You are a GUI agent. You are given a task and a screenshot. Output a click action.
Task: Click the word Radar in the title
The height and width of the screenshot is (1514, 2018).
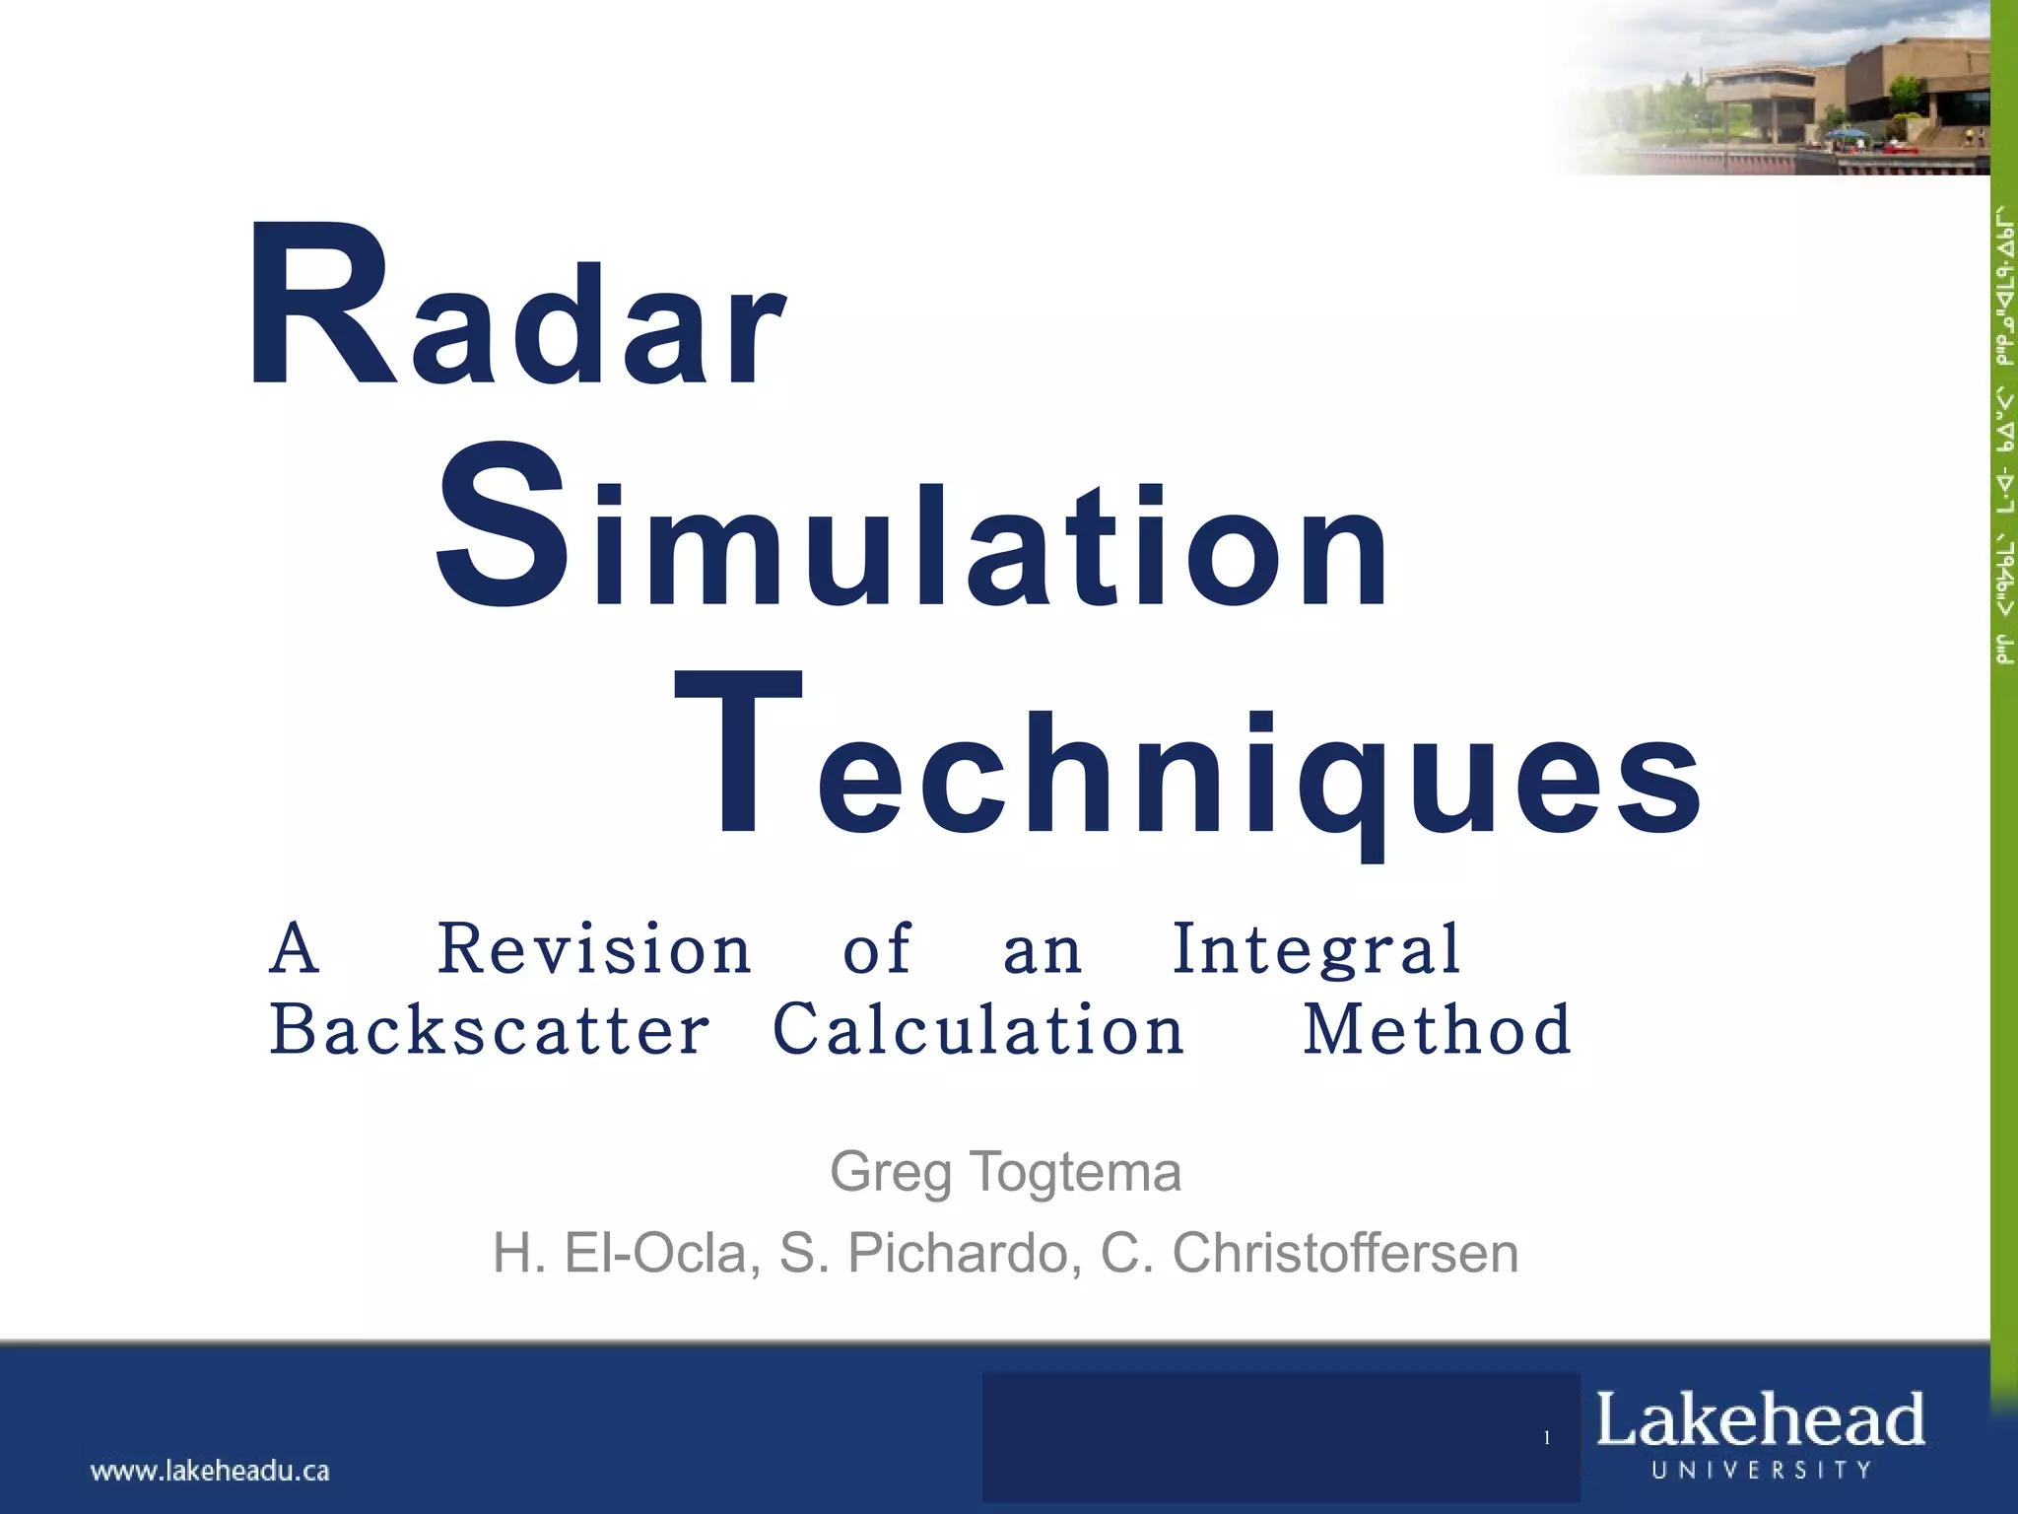pyautogui.click(x=517, y=308)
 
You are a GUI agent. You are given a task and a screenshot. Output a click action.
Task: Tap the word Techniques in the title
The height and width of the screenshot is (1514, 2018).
pyautogui.click(x=1187, y=759)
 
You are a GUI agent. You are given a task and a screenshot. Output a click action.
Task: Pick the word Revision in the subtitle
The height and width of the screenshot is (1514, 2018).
pyautogui.click(x=594, y=949)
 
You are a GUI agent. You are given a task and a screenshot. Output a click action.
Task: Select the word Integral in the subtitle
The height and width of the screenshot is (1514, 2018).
pyautogui.click(x=1315, y=949)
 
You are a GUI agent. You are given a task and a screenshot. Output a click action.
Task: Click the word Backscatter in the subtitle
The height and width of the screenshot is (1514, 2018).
pyautogui.click(x=489, y=1030)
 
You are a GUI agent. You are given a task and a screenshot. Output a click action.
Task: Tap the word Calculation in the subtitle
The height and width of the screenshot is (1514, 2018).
pyautogui.click(x=977, y=1030)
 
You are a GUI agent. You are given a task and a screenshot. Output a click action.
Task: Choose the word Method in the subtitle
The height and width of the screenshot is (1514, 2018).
pyautogui.click(x=1437, y=1030)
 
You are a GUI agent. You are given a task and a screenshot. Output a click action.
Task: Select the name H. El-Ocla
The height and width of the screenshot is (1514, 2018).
pyautogui.click(x=627, y=1254)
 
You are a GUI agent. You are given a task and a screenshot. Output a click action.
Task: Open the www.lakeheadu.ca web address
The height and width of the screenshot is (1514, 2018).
pyautogui.click(x=210, y=1472)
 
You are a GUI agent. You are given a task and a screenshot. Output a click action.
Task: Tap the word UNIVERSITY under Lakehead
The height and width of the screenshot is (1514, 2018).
pyautogui.click(x=1762, y=1470)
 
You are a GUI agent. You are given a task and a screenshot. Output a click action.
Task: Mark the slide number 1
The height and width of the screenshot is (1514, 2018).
pyautogui.click(x=1547, y=1438)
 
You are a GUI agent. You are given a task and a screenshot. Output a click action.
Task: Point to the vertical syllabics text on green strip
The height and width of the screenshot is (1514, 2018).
pyautogui.click(x=2004, y=434)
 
